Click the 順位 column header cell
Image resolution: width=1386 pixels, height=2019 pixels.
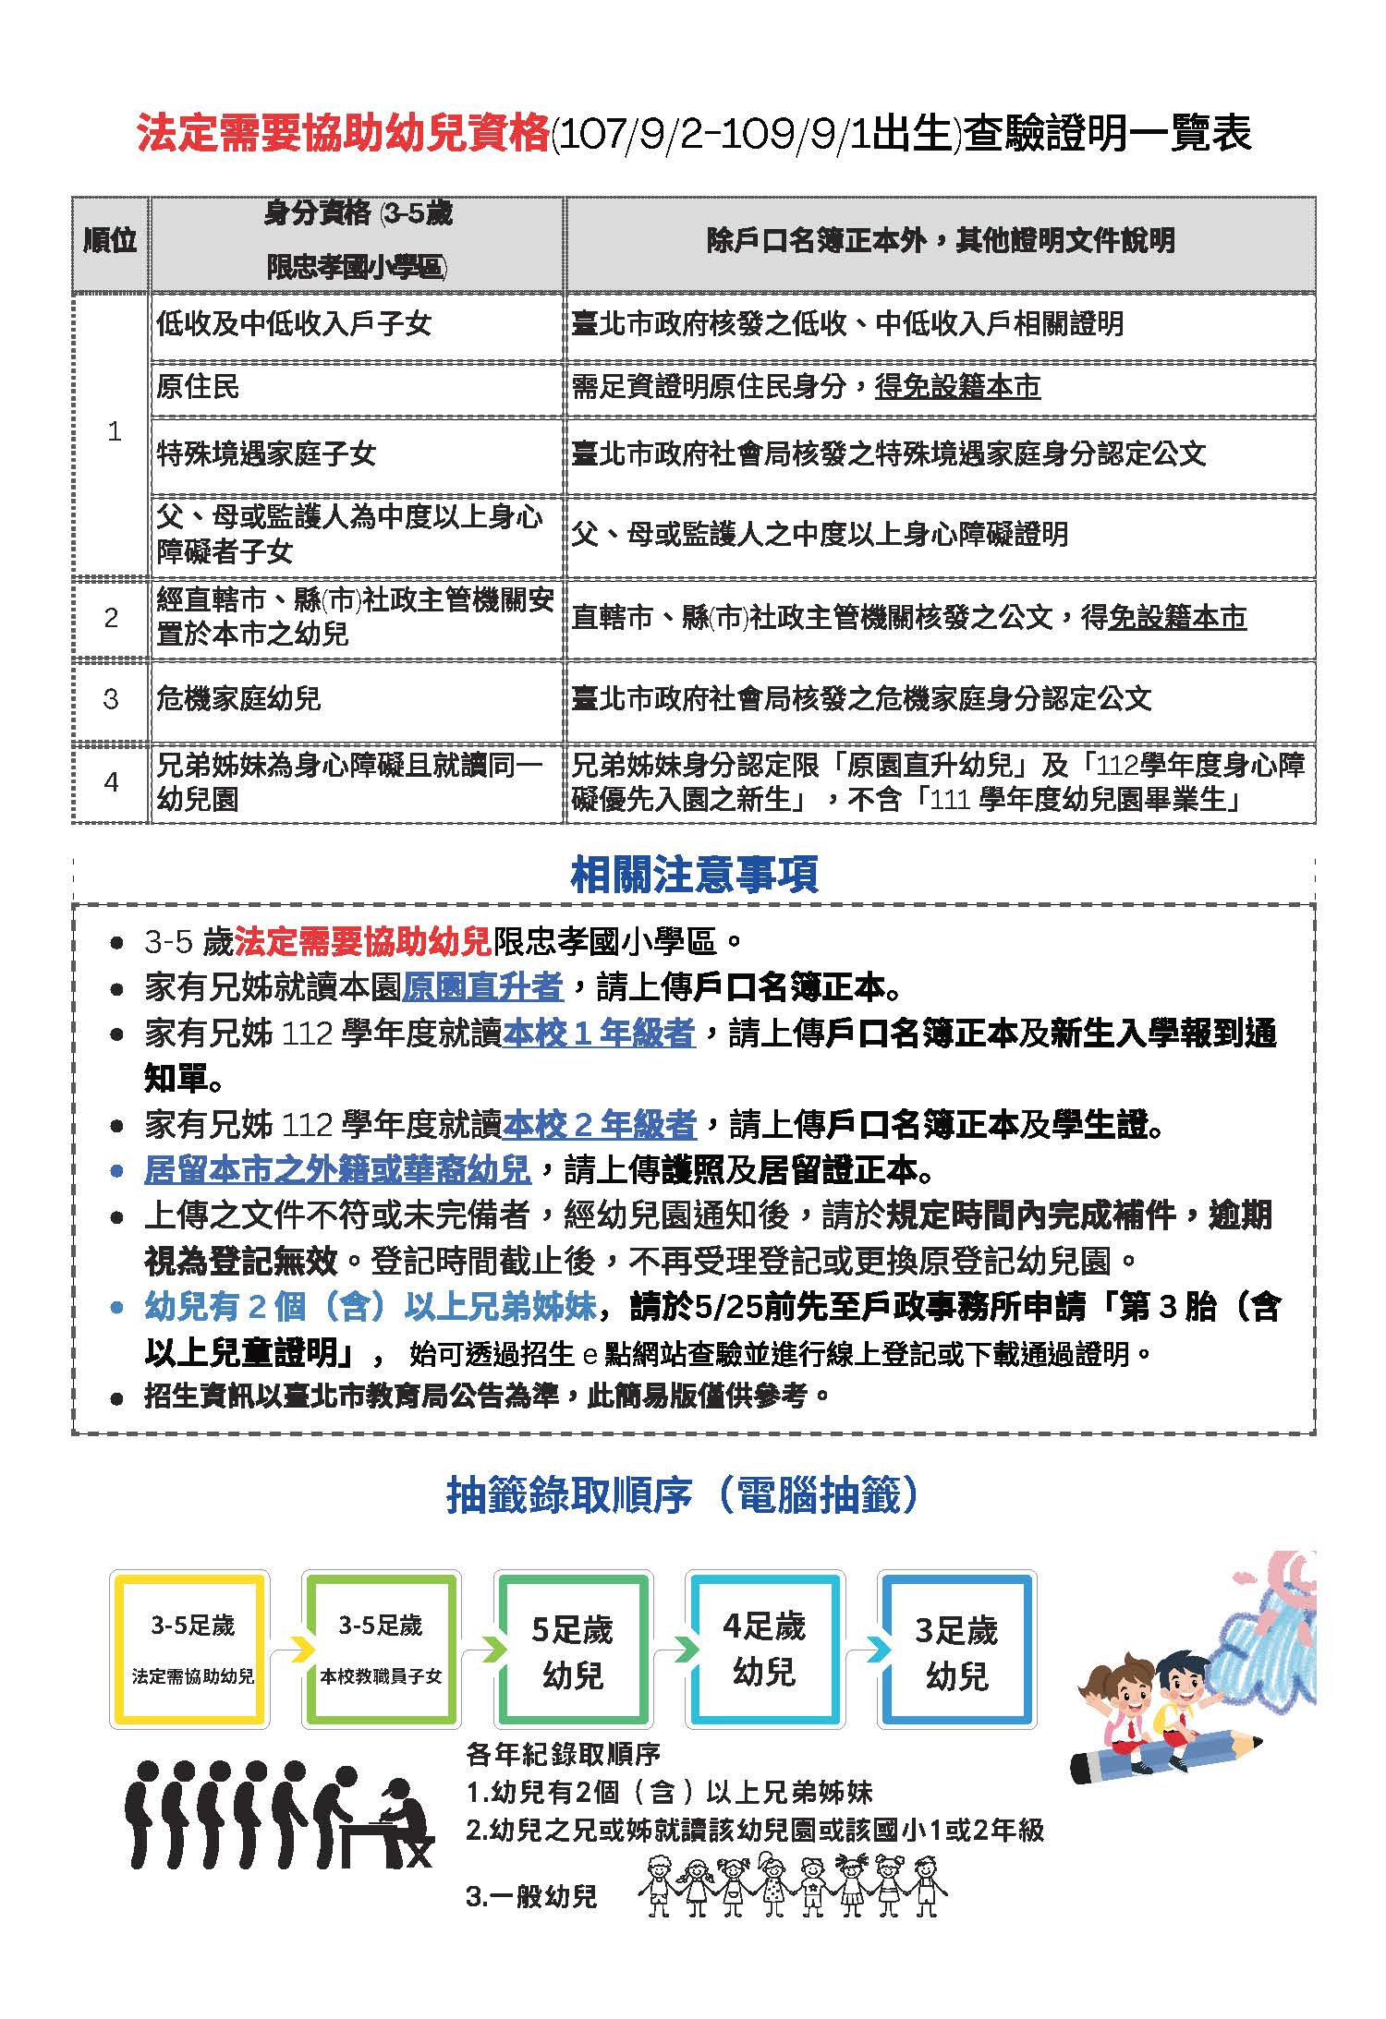[110, 242]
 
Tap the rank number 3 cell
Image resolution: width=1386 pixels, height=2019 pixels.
[111, 698]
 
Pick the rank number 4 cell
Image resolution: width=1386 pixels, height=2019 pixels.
[111, 782]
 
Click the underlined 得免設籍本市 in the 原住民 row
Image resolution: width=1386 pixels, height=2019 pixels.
[957, 386]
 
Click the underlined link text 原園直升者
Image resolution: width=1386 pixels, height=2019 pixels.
[482, 987]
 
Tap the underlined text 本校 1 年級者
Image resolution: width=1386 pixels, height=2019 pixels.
[599, 1033]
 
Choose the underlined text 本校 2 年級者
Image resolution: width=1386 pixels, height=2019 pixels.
[600, 1124]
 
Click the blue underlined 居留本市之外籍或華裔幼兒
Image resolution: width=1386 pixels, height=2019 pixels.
[337, 1169]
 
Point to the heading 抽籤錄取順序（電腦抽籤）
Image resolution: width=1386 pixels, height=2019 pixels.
[683, 1494]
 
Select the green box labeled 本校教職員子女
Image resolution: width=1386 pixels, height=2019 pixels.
[381, 1650]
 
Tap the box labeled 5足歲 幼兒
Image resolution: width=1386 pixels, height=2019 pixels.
[572, 1650]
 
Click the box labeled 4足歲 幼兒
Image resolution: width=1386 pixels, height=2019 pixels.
[764, 1650]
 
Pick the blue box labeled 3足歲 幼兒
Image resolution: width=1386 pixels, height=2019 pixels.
[956, 1650]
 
